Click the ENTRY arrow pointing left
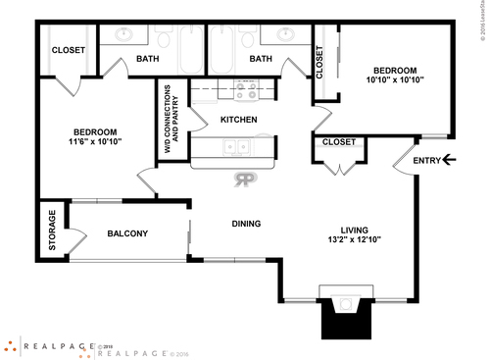(450, 160)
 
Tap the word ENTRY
(426, 161)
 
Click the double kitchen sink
(235, 148)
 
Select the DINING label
(246, 224)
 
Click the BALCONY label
(127, 233)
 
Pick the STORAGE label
(51, 229)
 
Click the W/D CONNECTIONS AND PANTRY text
(171, 121)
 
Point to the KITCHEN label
(238, 120)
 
